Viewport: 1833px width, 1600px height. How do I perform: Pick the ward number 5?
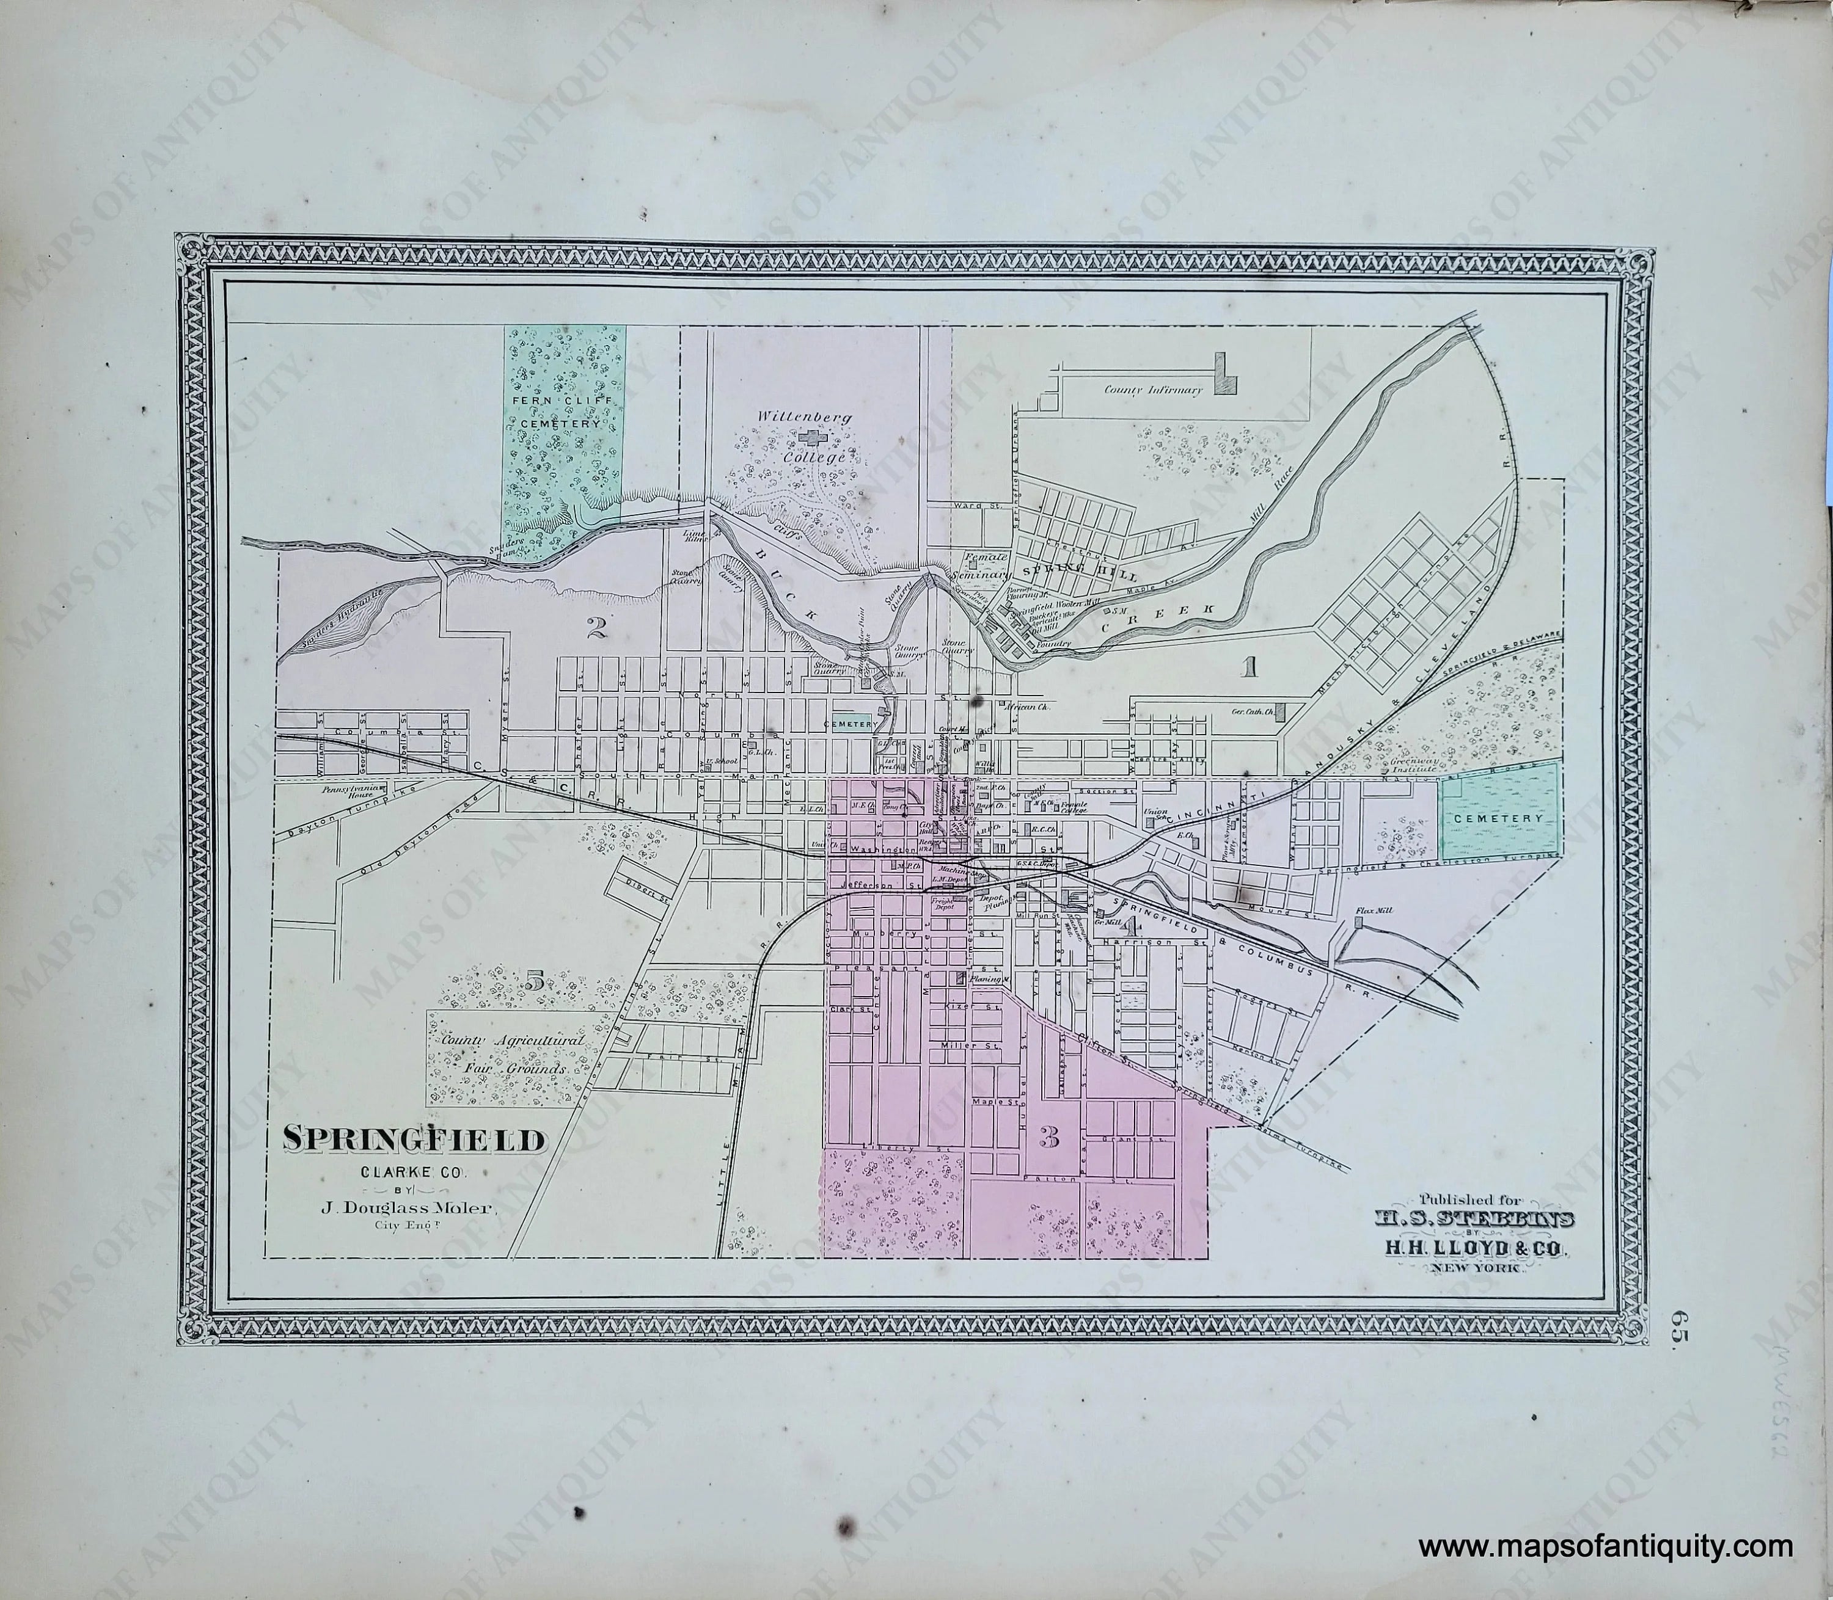pyautogui.click(x=534, y=982)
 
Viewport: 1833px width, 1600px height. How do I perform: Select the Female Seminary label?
pyautogui.click(x=986, y=566)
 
